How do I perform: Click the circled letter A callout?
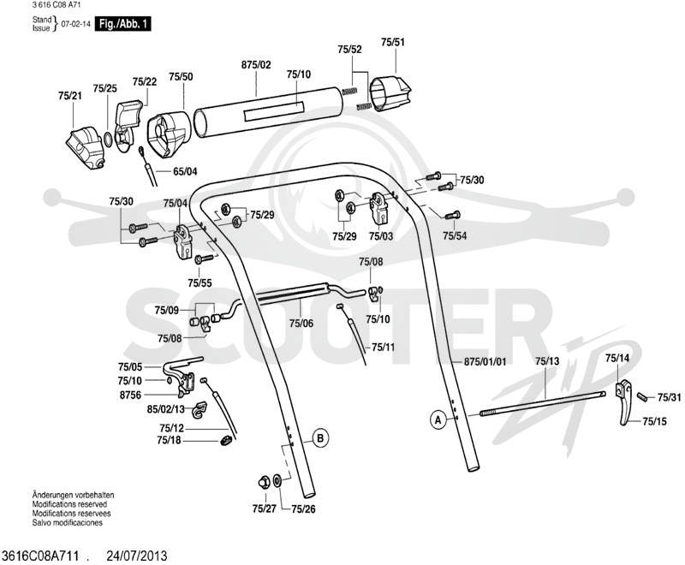438,420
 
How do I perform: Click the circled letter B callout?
320,437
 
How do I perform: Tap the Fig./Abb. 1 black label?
122,24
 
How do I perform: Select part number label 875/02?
256,65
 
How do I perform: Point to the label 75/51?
393,42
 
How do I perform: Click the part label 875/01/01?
485,361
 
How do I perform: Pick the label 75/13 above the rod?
547,361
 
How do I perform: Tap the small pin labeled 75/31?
642,396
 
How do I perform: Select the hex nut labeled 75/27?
265,482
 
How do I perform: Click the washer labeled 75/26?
277,481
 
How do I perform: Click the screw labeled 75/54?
452,215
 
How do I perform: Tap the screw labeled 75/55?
204,259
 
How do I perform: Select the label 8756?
130,395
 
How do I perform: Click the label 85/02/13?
165,409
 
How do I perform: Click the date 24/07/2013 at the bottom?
137,556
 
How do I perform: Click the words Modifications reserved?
69,504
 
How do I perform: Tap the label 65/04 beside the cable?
185,171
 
